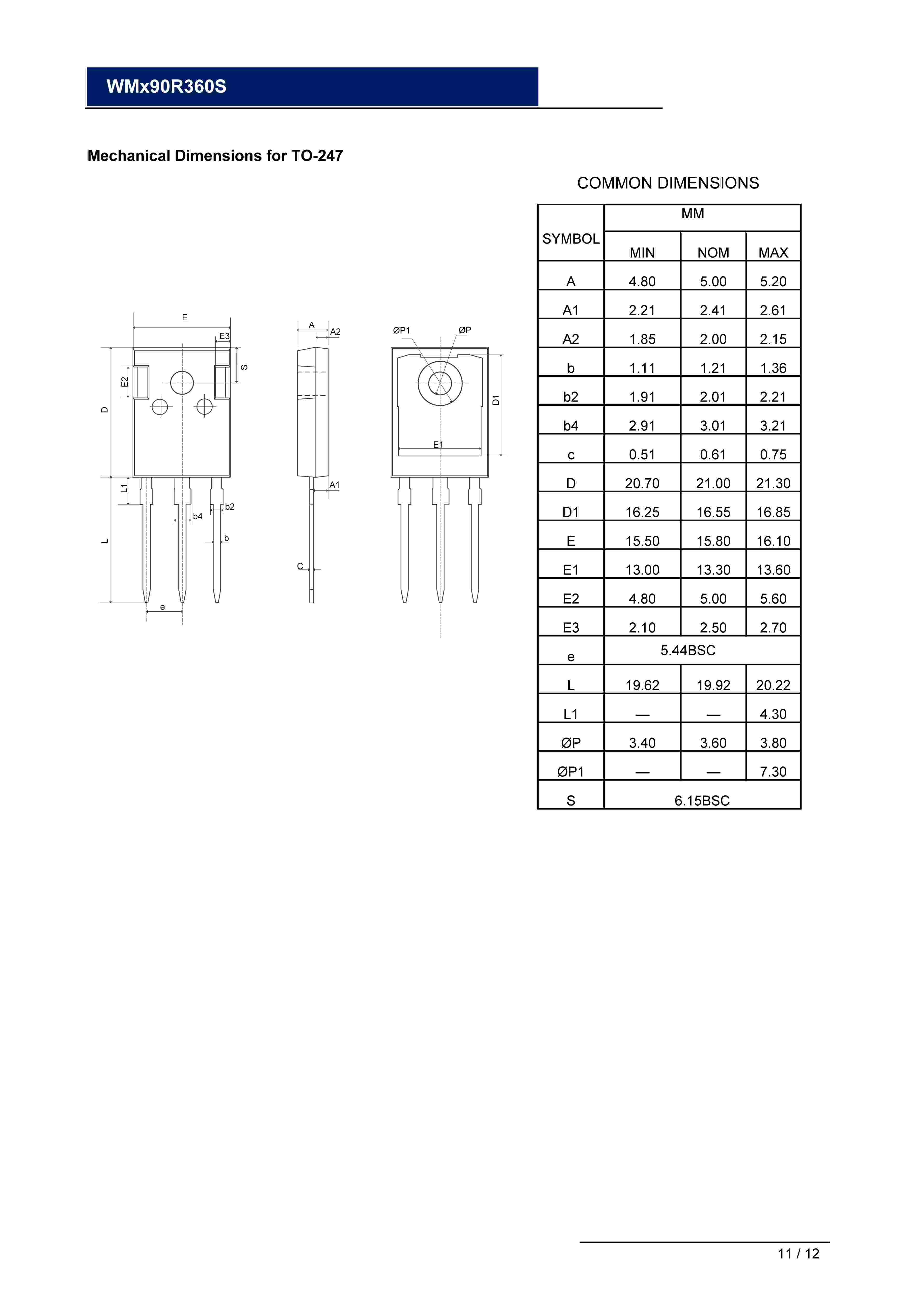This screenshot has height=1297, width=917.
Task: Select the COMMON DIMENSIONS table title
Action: tap(668, 183)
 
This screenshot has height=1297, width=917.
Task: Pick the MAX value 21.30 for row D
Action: tap(773, 484)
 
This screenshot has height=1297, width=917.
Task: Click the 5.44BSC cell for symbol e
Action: tap(688, 650)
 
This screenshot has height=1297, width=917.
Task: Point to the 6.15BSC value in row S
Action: tap(702, 801)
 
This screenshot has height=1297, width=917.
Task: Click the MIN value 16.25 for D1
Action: tap(642, 512)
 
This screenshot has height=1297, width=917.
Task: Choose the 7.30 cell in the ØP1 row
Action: tap(773, 772)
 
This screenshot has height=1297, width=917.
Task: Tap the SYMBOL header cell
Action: tap(571, 239)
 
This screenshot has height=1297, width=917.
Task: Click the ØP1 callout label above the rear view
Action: tap(402, 330)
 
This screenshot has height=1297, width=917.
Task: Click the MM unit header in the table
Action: tap(693, 213)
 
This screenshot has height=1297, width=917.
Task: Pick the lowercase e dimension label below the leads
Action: tap(163, 607)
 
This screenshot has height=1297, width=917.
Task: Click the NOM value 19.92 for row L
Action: tap(713, 685)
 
